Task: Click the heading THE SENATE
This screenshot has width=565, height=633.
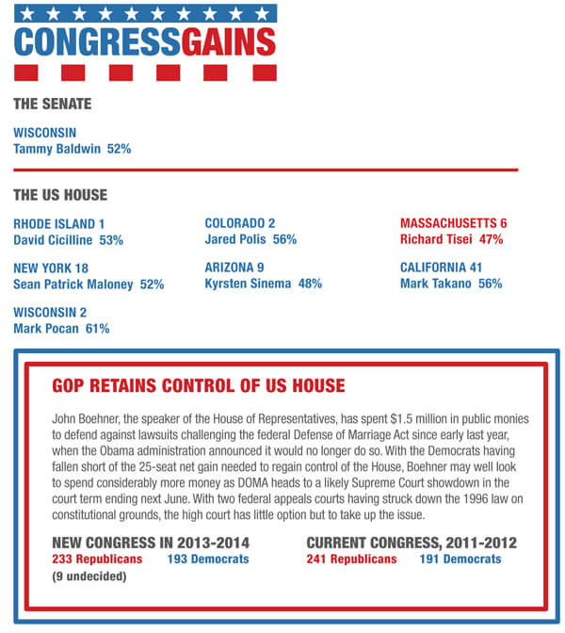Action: point(52,104)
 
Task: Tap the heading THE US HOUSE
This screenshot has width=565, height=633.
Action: point(60,195)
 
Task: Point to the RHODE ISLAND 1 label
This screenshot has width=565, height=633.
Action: point(59,224)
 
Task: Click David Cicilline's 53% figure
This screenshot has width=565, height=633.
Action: point(111,240)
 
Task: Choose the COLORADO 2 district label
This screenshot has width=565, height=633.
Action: point(240,224)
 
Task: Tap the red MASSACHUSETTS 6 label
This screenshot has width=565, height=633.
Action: point(454,224)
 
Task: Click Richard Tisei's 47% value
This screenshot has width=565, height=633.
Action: point(491,240)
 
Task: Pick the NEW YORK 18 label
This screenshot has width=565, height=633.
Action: point(51,268)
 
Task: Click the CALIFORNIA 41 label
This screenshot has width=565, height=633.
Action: point(441,268)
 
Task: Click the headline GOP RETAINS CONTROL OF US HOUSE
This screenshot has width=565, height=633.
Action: point(198,386)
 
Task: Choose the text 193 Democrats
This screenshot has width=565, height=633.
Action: point(208,560)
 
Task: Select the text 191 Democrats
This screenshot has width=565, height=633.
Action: point(460,560)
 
